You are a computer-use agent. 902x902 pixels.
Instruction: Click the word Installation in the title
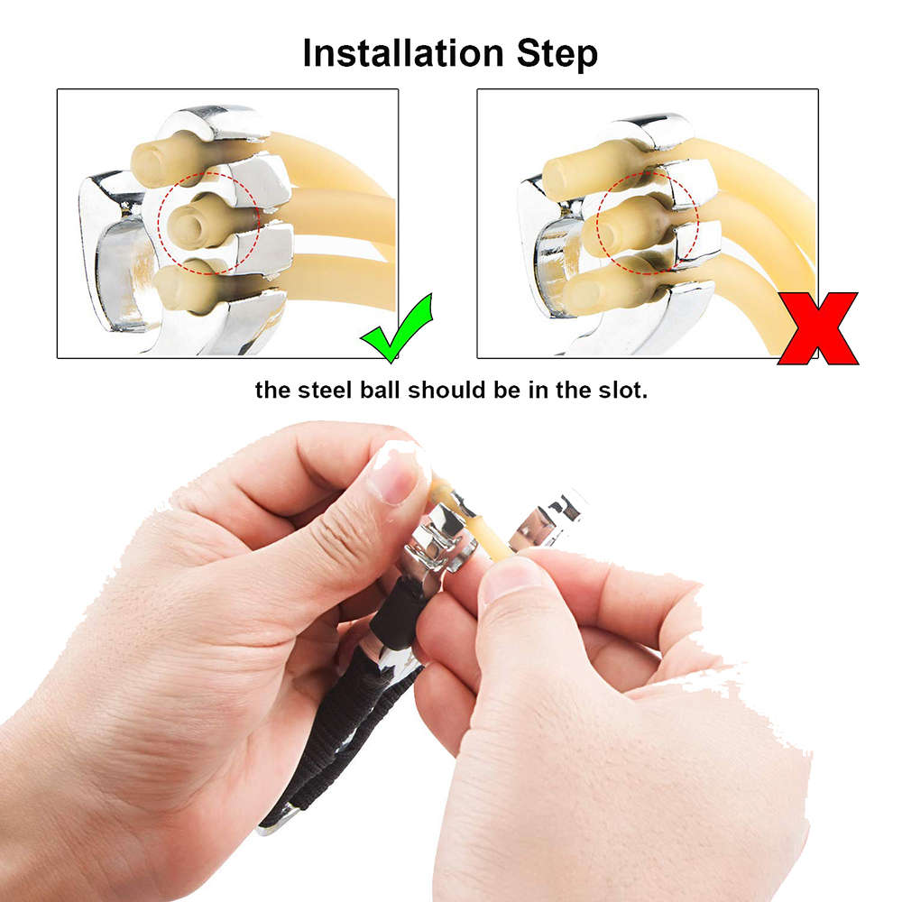[x=403, y=53]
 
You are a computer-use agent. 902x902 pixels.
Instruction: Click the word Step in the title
[x=557, y=56]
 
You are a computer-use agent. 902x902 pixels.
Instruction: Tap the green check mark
[x=396, y=328]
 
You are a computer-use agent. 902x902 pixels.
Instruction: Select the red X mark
[x=817, y=328]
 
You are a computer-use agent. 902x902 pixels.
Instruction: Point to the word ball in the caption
[x=380, y=390]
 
